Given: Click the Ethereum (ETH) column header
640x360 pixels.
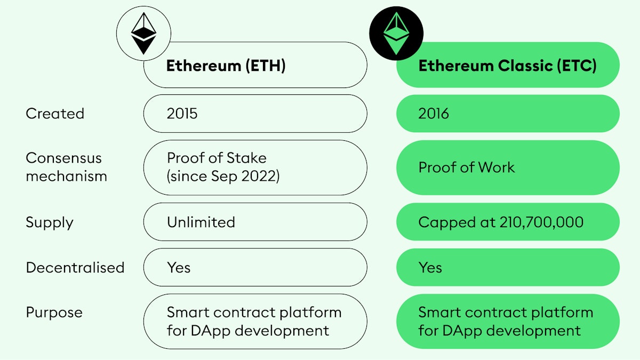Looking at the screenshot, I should [255, 65].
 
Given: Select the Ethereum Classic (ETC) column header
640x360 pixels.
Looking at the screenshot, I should [507, 65].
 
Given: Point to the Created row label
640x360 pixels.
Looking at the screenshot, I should [55, 114].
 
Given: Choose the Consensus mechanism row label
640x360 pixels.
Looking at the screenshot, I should [66, 167].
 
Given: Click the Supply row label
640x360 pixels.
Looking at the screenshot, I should [49, 222].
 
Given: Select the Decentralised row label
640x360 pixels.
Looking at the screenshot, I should [75, 267].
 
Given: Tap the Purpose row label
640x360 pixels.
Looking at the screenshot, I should [54, 313].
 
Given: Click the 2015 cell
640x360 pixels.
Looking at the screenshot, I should [255, 114].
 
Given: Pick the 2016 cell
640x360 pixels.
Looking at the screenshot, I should [507, 114].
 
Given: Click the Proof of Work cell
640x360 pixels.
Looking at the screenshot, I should [507, 167].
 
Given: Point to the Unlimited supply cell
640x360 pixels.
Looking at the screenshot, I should [255, 222].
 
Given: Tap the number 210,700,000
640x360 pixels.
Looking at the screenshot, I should [541, 222].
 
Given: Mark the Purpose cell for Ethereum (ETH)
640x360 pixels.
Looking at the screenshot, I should [255, 321].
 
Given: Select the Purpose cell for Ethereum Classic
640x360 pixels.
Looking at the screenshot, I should [507, 321].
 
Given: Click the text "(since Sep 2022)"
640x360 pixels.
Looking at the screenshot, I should [223, 176].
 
